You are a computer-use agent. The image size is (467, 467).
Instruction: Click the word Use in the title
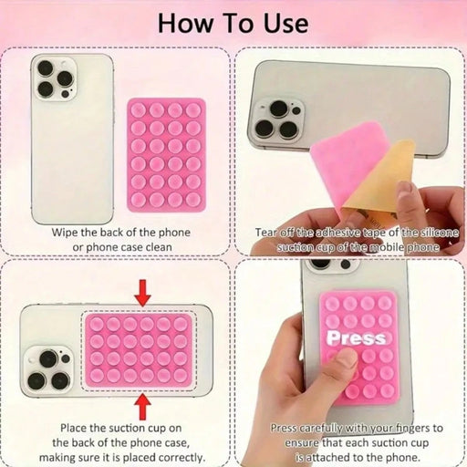click(286, 24)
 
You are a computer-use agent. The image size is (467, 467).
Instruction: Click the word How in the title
click(185, 24)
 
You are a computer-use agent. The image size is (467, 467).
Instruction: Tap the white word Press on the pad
click(357, 337)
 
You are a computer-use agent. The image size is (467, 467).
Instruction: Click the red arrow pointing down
click(142, 293)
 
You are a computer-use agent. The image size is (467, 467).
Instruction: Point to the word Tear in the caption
click(266, 233)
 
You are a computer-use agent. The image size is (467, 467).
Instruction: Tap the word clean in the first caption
click(159, 247)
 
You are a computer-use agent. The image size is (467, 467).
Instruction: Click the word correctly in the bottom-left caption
click(181, 458)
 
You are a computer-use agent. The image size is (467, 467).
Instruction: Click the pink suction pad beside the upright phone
click(167, 155)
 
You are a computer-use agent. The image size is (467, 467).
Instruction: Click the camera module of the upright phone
click(55, 79)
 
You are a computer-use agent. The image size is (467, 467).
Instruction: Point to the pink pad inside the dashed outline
click(139, 350)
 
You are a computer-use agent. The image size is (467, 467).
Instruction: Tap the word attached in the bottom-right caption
click(328, 457)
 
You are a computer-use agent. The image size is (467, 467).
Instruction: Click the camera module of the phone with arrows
click(48, 369)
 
